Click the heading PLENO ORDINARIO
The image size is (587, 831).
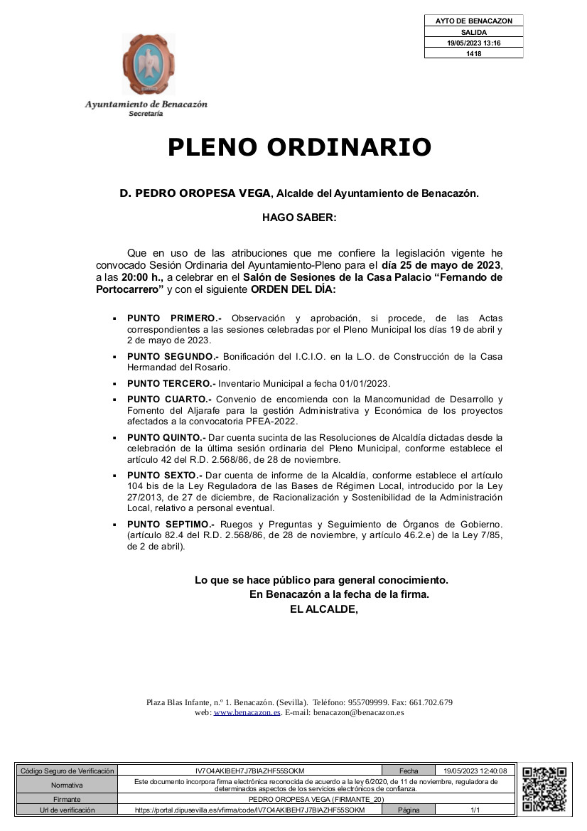(x=299, y=147)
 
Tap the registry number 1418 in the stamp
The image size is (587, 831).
(x=473, y=53)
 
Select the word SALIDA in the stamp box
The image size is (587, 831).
(x=473, y=32)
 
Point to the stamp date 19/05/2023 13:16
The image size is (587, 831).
(x=473, y=43)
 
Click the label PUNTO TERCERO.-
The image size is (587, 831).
(x=171, y=383)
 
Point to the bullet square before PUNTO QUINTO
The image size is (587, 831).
(x=114, y=438)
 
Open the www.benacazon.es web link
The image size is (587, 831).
(x=247, y=712)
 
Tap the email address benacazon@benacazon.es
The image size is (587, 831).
(x=359, y=712)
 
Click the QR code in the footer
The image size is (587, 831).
(x=544, y=790)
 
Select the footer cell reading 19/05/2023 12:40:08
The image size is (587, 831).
(x=475, y=771)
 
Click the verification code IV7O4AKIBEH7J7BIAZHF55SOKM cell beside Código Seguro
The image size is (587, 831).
(x=249, y=771)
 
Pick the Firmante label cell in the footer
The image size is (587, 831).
(x=67, y=800)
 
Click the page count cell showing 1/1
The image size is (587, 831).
(x=475, y=810)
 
